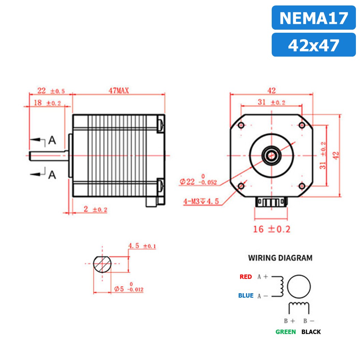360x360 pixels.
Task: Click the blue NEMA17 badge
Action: coord(313,18)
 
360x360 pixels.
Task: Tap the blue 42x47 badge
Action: coord(313,45)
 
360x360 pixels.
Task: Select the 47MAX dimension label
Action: coord(118,91)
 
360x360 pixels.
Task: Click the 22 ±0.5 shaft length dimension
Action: coord(51,91)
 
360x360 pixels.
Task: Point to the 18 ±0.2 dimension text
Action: coord(47,103)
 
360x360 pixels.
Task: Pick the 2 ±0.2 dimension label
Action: coord(95,209)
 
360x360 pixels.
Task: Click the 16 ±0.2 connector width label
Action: coord(271,229)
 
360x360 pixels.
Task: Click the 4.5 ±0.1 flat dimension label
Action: coord(141,246)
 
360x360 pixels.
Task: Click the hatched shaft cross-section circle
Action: coord(102,264)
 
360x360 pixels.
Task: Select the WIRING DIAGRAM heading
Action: coord(280,258)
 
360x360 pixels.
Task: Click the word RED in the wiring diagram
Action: coord(245,277)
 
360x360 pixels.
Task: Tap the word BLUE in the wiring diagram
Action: coord(246,296)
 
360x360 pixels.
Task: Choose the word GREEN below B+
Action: coord(286,332)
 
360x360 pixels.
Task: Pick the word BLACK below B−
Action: coord(311,332)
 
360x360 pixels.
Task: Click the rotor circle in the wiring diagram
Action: coord(299,286)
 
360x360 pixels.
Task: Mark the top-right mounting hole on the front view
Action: coord(301,125)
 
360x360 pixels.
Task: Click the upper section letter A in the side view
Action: coord(52,140)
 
